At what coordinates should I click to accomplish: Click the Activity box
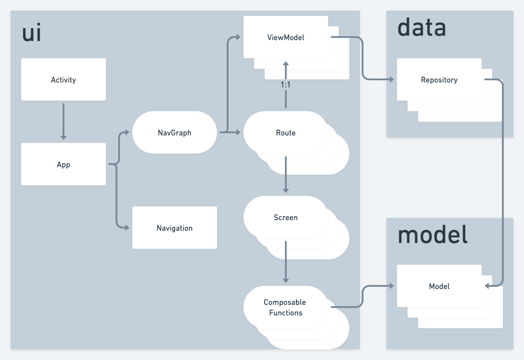(64, 80)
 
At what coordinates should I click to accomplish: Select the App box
(64, 165)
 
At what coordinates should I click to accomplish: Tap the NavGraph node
(175, 133)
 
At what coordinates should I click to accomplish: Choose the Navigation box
(175, 228)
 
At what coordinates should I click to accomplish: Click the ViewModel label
(286, 37)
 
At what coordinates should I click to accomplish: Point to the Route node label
(286, 133)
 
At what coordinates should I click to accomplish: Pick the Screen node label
(286, 217)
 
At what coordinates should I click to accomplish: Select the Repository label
(439, 80)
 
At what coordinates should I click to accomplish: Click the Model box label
(439, 286)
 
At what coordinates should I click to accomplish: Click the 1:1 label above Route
(286, 85)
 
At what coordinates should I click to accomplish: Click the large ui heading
(32, 34)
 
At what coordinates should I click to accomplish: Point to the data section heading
(422, 28)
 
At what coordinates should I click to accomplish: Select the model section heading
(432, 235)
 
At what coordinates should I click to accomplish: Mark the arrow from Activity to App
(64, 121)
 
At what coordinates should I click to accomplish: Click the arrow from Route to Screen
(286, 174)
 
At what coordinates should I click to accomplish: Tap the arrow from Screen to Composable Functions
(286, 262)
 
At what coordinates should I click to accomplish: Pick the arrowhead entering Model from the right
(487, 286)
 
